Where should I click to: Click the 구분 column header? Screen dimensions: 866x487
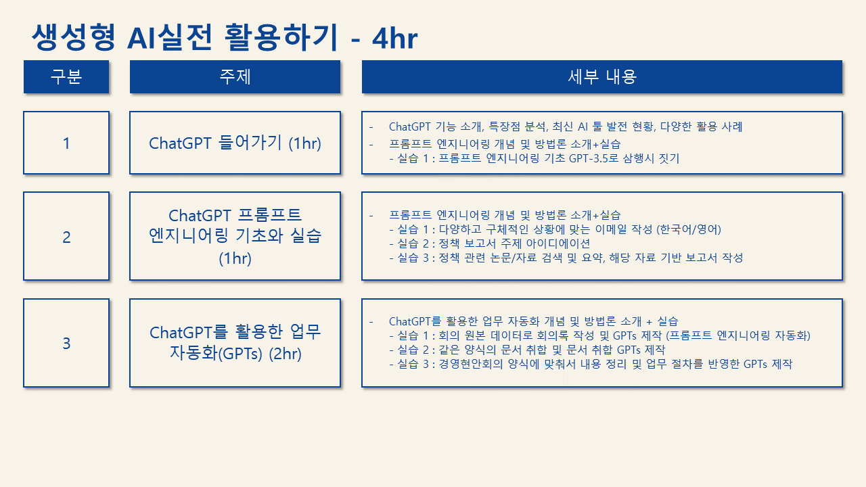point(66,76)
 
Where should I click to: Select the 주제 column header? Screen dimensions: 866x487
point(235,76)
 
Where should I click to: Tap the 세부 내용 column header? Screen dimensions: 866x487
point(602,76)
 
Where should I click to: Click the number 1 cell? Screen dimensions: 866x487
point(66,143)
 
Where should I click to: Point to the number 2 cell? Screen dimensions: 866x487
point(66,236)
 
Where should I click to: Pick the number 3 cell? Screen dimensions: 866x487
point(66,343)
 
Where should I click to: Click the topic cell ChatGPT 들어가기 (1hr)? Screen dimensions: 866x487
point(235,143)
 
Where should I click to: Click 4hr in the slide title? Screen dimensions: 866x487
point(394,39)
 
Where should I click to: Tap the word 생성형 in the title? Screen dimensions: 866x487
point(74,37)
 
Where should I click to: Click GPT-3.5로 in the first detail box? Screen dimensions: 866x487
point(594,158)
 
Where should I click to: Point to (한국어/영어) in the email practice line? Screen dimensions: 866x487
point(689,229)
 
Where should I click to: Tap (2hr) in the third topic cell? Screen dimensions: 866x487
point(286,354)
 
